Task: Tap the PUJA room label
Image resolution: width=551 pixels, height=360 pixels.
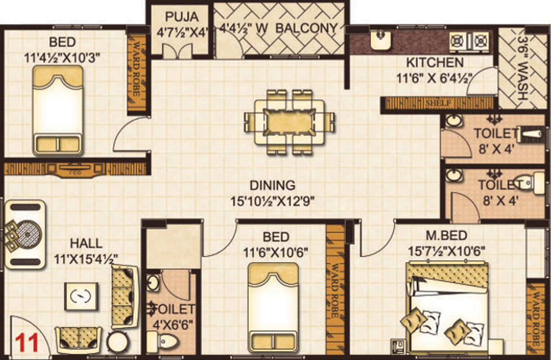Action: tap(181, 17)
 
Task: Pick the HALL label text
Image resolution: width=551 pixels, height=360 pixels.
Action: tap(86, 243)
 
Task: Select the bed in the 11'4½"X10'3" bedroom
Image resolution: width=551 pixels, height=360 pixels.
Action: tap(58, 111)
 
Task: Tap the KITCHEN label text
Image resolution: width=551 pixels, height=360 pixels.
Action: tap(435, 63)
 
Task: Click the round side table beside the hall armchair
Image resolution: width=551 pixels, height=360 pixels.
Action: tap(117, 342)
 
